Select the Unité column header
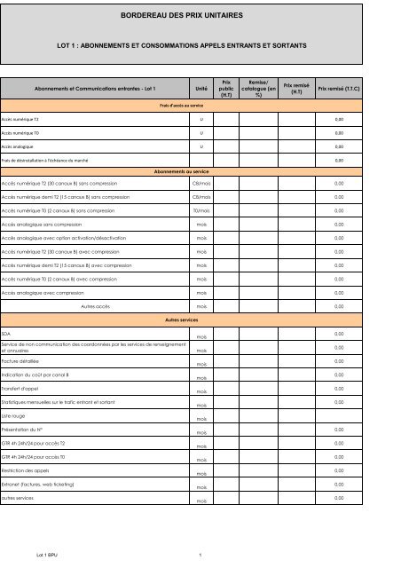(200, 90)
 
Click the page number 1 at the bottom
(202, 556)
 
